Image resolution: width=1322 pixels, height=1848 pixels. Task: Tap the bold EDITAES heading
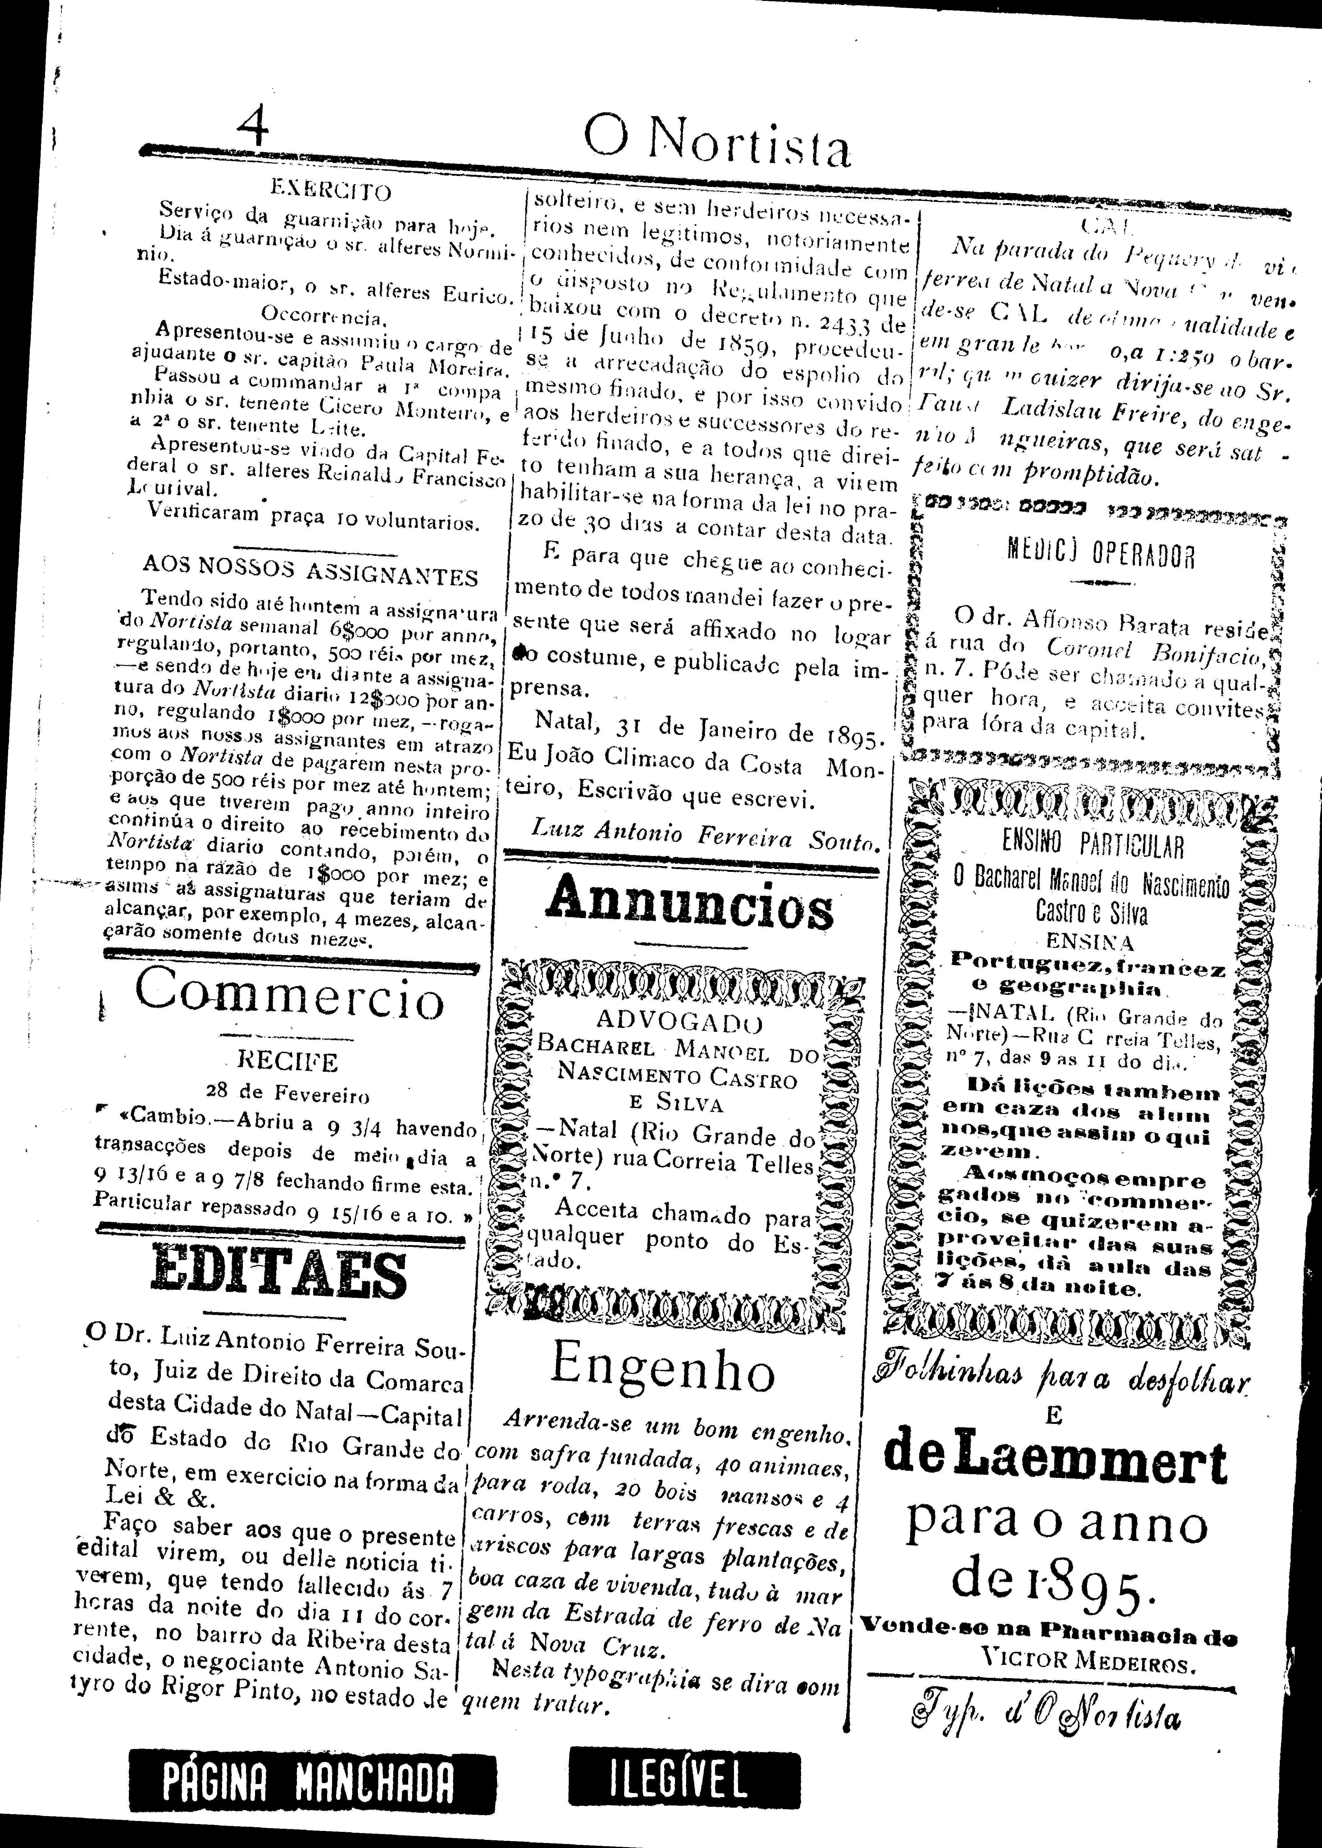click(279, 1275)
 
